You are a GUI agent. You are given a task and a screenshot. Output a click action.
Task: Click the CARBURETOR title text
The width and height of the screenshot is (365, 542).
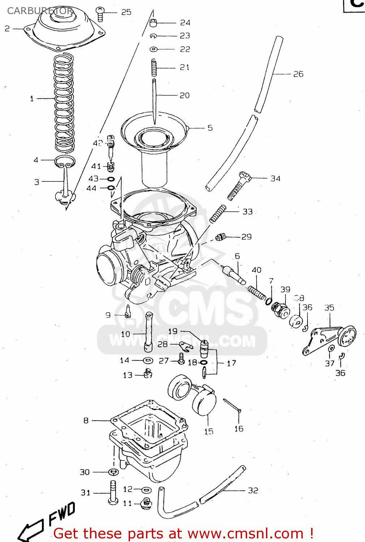pyautogui.click(x=40, y=11)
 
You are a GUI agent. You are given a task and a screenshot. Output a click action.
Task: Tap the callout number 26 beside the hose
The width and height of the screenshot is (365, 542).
pyautogui.click(x=298, y=74)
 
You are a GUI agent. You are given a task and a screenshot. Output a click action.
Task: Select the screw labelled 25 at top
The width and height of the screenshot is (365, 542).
pyautogui.click(x=100, y=14)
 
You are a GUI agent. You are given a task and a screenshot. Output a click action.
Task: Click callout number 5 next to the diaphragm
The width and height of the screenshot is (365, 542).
pyautogui.click(x=210, y=128)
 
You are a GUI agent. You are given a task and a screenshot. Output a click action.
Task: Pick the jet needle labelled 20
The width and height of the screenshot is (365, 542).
pyautogui.click(x=154, y=101)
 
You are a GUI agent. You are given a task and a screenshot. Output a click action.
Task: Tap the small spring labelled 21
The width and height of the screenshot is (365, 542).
pyautogui.click(x=154, y=68)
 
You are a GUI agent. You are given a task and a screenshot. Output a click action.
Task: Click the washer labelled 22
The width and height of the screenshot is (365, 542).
pyautogui.click(x=154, y=49)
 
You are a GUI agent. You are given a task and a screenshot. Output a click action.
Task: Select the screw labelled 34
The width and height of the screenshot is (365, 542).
pyautogui.click(x=239, y=186)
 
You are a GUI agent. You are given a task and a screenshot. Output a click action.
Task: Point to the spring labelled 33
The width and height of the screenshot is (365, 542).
pyautogui.click(x=218, y=214)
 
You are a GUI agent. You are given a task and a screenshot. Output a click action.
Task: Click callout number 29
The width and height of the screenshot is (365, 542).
pyautogui.click(x=246, y=237)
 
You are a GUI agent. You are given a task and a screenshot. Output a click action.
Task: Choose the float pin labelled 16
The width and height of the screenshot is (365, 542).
pyautogui.click(x=232, y=405)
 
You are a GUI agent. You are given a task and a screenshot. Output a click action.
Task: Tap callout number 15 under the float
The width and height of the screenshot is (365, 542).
pyautogui.click(x=209, y=431)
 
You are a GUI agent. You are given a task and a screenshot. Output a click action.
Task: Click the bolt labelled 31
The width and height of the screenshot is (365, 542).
pyautogui.click(x=113, y=492)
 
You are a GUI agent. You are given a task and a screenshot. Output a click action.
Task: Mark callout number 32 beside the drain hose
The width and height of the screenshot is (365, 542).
pyautogui.click(x=253, y=490)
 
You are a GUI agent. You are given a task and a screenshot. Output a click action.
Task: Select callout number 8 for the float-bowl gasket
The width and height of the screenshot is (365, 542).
pyautogui.click(x=86, y=421)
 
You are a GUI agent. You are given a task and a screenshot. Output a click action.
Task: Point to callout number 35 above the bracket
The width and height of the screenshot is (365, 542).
pyautogui.click(x=329, y=308)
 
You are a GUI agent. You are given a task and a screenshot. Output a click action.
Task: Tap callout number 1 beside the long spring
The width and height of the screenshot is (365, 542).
pyautogui.click(x=32, y=98)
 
